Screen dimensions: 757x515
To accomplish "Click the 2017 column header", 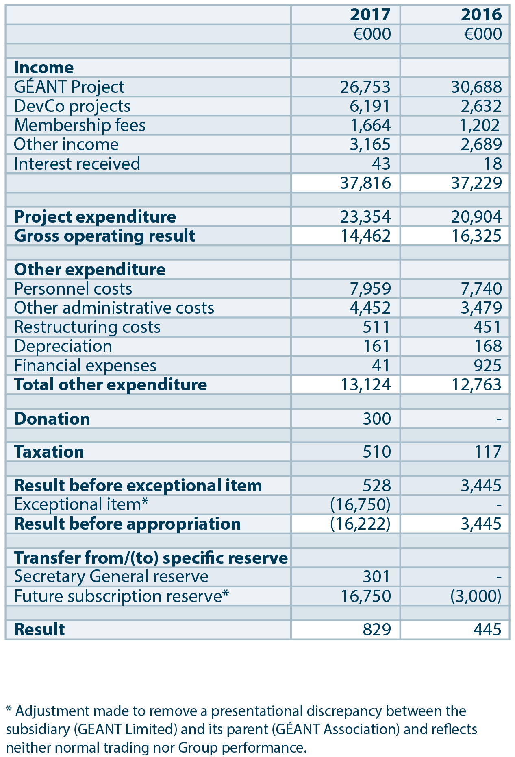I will [x=370, y=15].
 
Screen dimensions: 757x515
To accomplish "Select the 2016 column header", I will [x=481, y=15].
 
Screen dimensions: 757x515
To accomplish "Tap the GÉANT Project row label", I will [x=69, y=87].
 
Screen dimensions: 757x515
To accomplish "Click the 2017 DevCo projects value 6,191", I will [x=370, y=106].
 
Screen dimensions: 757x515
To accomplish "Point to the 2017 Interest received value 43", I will [x=381, y=164].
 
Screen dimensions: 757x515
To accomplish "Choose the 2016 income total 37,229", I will [x=476, y=183].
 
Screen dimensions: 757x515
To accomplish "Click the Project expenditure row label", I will [x=95, y=217].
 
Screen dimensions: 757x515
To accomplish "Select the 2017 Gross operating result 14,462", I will [x=365, y=236].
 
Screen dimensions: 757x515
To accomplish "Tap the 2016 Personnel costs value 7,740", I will [x=481, y=289].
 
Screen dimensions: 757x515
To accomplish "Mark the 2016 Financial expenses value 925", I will [x=487, y=366].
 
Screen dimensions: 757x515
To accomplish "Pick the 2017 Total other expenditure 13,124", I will [x=365, y=385].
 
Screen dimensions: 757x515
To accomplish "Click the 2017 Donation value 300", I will [x=377, y=419].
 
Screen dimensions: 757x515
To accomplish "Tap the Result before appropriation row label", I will [x=127, y=524].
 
